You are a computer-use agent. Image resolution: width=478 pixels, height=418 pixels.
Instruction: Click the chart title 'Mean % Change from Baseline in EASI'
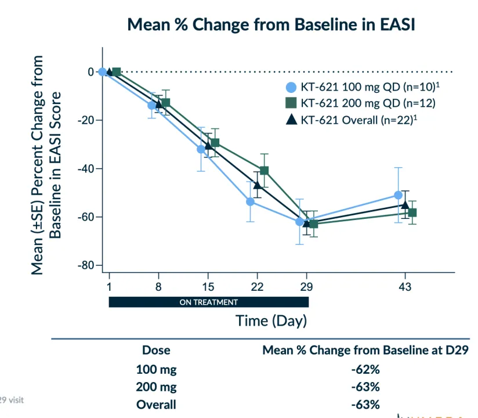coord(271,25)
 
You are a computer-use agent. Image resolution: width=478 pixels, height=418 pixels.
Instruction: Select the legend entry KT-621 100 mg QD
coord(362,88)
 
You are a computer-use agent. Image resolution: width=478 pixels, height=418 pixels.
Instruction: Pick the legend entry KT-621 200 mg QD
coord(362,104)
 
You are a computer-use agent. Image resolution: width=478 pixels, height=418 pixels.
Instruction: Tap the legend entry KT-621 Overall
coord(362,120)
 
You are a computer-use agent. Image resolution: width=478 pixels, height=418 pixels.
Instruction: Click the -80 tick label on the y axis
coord(86,265)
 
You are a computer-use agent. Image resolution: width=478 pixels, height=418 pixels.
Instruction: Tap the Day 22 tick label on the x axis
coord(257,286)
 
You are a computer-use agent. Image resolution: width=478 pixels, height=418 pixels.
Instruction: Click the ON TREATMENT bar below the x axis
coord(209,302)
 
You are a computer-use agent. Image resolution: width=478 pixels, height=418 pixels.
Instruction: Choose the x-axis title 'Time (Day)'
coord(271,320)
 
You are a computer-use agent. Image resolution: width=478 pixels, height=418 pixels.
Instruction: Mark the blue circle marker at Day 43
coord(398,195)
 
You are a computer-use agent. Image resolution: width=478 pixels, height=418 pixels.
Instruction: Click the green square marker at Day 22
coord(265,171)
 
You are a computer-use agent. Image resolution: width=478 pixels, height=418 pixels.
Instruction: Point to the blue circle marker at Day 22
coord(251,201)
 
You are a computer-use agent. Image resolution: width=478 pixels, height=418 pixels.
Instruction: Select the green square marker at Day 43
coord(412,212)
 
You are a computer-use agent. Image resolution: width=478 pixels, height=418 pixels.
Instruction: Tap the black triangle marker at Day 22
coord(258,185)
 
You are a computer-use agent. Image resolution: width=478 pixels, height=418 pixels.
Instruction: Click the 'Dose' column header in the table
coord(156,351)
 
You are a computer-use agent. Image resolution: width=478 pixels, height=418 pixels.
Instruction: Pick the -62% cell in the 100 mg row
coord(365,369)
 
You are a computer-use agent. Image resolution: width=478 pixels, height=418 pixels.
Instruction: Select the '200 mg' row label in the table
coord(156,387)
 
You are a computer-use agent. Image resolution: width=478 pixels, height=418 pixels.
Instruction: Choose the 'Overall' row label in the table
coord(156,405)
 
